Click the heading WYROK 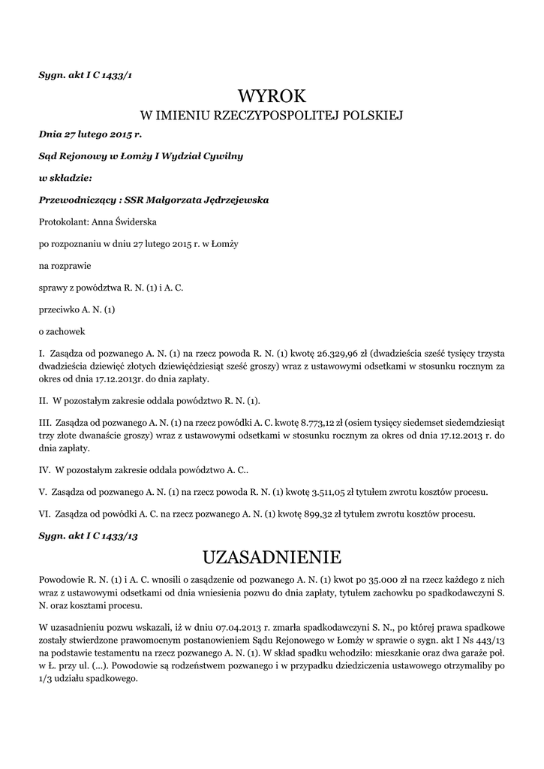pos(272,95)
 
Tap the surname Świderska pos(134,222)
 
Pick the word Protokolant pos(62,222)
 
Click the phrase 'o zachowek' pos(62,330)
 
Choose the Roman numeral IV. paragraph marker pos(44,471)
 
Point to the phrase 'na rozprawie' pos(64,265)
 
